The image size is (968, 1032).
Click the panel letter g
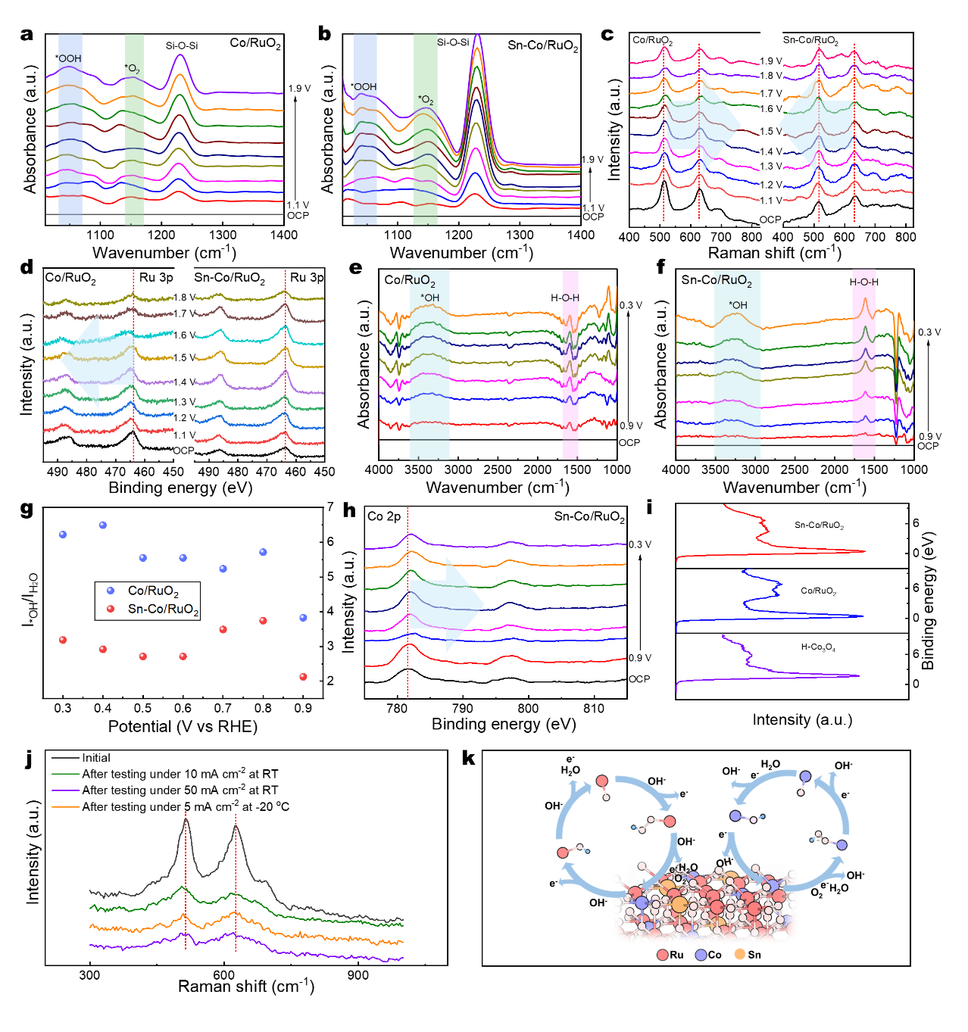click(x=27, y=509)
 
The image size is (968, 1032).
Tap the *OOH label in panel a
click(x=68, y=58)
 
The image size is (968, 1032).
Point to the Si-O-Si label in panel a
click(x=182, y=46)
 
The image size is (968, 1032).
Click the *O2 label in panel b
click(x=426, y=100)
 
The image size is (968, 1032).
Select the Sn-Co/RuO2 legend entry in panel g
click(x=163, y=610)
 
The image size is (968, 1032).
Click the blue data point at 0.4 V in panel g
click(x=103, y=525)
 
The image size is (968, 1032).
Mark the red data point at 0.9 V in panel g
click(x=303, y=677)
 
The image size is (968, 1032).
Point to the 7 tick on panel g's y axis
click(x=330, y=507)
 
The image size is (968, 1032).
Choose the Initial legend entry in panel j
click(x=96, y=758)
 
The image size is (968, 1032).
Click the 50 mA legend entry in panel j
click(x=180, y=790)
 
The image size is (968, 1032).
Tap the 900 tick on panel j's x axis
click(x=358, y=975)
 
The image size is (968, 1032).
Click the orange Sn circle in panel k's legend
click(x=740, y=954)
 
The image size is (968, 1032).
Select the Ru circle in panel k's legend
click(x=663, y=955)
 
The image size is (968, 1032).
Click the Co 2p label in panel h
click(x=384, y=516)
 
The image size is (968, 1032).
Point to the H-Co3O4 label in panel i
click(x=818, y=648)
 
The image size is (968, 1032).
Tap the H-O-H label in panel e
click(x=565, y=298)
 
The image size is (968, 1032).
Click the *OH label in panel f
click(x=738, y=305)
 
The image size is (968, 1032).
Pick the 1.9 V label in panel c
click(x=771, y=61)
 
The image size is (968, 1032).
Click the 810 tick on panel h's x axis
click(x=594, y=709)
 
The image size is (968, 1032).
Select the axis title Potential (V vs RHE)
click(x=183, y=727)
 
